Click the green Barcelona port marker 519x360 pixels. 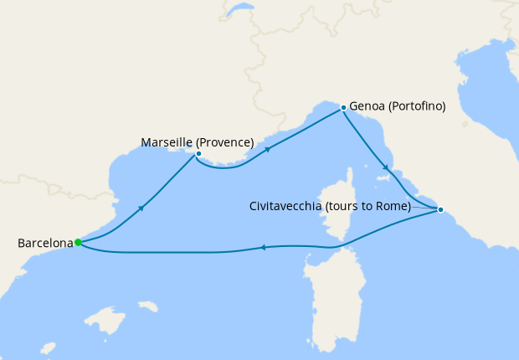click(78, 243)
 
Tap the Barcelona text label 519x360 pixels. click(45, 244)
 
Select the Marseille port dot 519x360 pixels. click(198, 153)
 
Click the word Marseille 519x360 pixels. click(166, 142)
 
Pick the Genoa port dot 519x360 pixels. click(343, 108)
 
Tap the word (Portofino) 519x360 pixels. click(417, 106)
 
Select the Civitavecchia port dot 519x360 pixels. click(440, 209)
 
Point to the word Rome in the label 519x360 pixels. click(391, 206)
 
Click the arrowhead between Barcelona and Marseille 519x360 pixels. click(141, 208)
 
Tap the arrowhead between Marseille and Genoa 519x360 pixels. click(268, 150)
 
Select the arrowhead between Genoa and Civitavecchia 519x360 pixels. click(386, 167)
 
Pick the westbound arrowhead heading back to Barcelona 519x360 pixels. click(263, 247)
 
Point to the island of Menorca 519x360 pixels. click(149, 306)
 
